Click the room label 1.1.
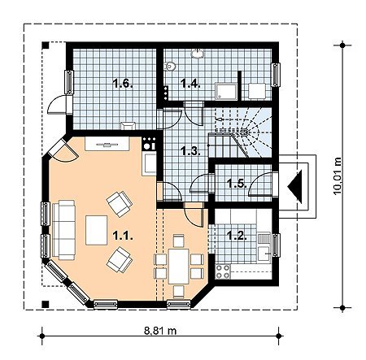[123, 236]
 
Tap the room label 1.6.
[123, 84]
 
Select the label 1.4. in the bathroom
[190, 84]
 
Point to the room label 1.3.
[191, 151]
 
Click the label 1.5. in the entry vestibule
[237, 184]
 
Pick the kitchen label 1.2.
[237, 236]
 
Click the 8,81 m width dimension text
[160, 331]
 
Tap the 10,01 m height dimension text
[338, 176]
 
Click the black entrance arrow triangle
[295, 186]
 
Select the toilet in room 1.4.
[169, 66]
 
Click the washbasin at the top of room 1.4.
[198, 54]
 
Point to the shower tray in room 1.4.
[225, 91]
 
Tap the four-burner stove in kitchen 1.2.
[223, 271]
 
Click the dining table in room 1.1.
[178, 267]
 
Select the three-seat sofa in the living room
[64, 230]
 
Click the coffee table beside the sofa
[97, 230]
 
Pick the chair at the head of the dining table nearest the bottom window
[179, 292]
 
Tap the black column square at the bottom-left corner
[46, 304]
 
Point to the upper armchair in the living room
[120, 204]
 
